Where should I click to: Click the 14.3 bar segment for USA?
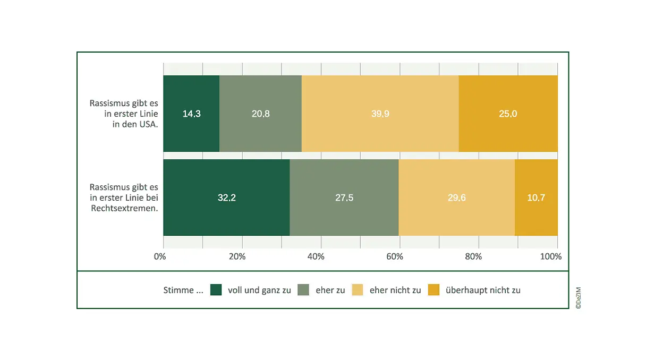pyautogui.click(x=191, y=114)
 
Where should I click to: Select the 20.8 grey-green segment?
pyautogui.click(x=260, y=114)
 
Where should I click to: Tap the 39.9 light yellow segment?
pyautogui.click(x=380, y=114)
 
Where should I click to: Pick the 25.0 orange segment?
pyautogui.click(x=508, y=114)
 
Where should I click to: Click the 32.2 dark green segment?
pyautogui.click(x=226, y=198)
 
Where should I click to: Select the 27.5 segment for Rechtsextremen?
pyautogui.click(x=344, y=198)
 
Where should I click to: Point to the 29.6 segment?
pyautogui.click(x=456, y=198)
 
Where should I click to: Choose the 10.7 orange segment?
pyautogui.click(x=536, y=198)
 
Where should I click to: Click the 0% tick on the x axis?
pyautogui.click(x=160, y=257)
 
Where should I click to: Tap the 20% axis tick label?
pyautogui.click(x=237, y=257)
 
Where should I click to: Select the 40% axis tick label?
pyautogui.click(x=316, y=257)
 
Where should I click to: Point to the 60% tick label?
pyautogui.click(x=395, y=257)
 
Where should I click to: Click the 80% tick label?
pyautogui.click(x=473, y=257)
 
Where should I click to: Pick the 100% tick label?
pyautogui.click(x=551, y=257)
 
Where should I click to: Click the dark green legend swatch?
pyautogui.click(x=216, y=290)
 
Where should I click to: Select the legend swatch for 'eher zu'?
pyautogui.click(x=303, y=290)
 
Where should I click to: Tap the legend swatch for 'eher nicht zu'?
pyautogui.click(x=358, y=290)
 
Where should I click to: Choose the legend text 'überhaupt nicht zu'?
pyautogui.click(x=483, y=290)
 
